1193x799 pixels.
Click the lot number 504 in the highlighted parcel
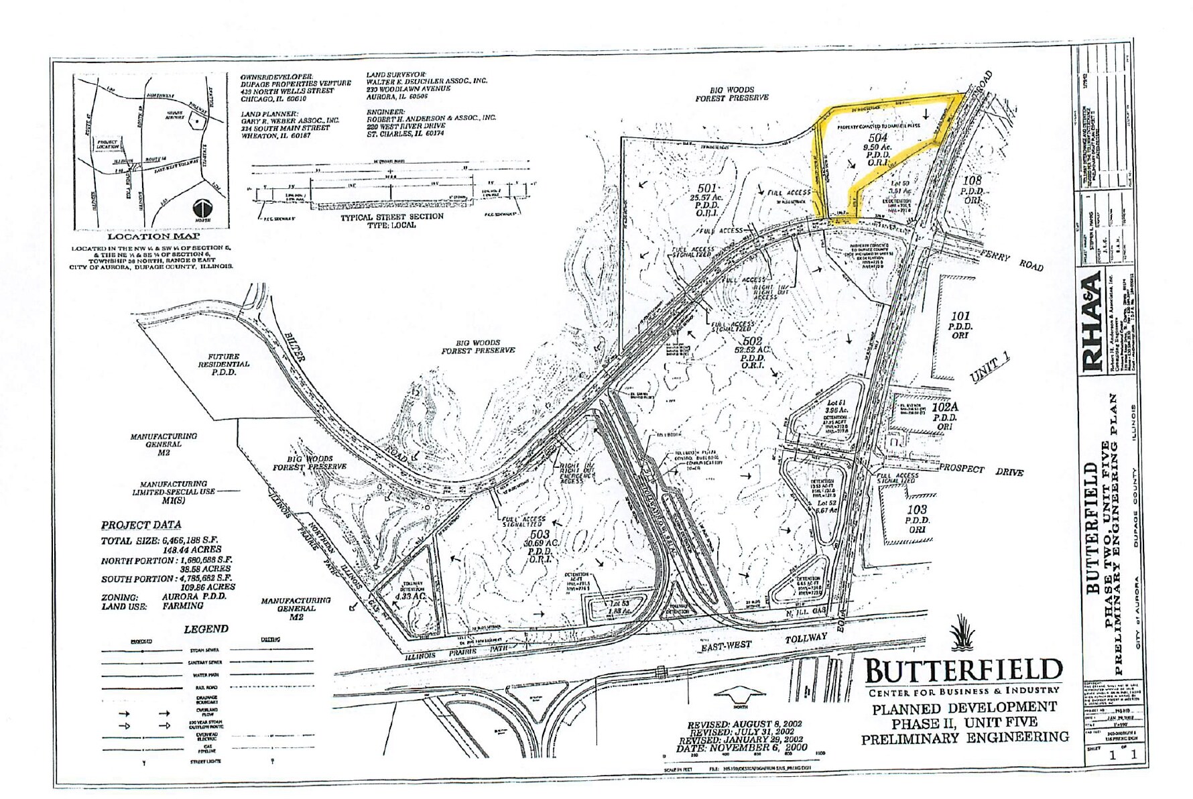pyautogui.click(x=877, y=138)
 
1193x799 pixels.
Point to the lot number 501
pyautogui.click(x=707, y=188)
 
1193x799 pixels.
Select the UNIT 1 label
pyautogui.click(x=990, y=370)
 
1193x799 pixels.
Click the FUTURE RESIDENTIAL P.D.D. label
pyautogui.click(x=223, y=364)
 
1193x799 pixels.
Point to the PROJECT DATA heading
pyautogui.click(x=141, y=525)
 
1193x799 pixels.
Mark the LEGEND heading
pyautogui.click(x=206, y=629)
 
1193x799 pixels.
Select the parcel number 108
pyautogui.click(x=972, y=180)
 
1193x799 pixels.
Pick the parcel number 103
pyautogui.click(x=917, y=510)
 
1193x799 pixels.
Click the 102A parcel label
pyautogui.click(x=946, y=406)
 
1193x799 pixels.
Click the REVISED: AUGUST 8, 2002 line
pyautogui.click(x=745, y=725)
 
